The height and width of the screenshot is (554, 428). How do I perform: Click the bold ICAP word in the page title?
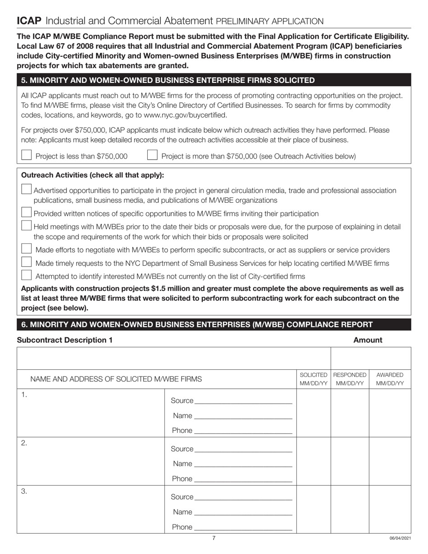point(29,21)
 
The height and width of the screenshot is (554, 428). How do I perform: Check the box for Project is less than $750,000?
point(27,155)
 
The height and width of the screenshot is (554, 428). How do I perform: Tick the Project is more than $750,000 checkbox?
point(153,155)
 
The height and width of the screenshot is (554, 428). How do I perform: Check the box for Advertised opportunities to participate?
point(27,190)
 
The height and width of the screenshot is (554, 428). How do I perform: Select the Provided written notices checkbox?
point(27,213)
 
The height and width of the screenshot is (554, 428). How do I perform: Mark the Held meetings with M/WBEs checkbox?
point(27,226)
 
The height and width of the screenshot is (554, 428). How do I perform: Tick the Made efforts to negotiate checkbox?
point(27,249)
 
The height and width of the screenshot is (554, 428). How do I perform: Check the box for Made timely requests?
point(27,262)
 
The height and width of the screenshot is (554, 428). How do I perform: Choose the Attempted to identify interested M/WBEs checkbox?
point(27,275)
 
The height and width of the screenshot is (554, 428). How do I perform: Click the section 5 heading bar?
point(214,80)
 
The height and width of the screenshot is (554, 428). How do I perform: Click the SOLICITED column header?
point(314,379)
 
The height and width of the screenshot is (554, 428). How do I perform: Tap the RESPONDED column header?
point(350,379)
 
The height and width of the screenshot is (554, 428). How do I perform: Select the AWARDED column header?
point(390,379)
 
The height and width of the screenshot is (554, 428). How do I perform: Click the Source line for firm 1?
point(243,400)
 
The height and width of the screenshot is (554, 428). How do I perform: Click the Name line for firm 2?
point(243,463)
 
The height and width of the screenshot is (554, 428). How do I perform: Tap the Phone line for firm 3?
point(243,527)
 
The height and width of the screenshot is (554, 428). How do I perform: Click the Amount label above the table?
point(368,340)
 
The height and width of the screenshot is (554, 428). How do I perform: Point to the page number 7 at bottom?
point(214,538)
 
